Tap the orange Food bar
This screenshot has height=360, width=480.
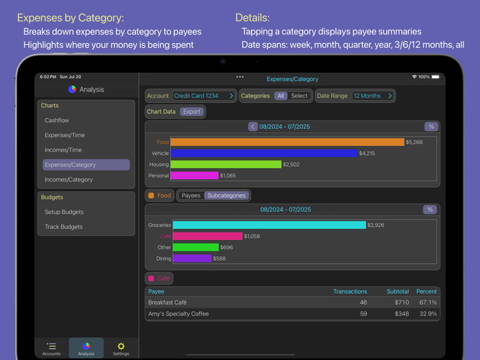click(x=287, y=142)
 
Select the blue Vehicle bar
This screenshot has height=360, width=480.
click(x=264, y=154)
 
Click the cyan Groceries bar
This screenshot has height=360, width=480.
click(x=269, y=225)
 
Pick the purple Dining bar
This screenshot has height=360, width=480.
click(x=192, y=259)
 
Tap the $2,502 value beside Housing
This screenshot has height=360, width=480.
click(x=291, y=165)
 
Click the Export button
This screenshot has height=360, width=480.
click(x=192, y=112)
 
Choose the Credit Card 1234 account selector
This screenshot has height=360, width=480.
click(x=204, y=96)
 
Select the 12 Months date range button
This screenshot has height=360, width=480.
click(x=373, y=96)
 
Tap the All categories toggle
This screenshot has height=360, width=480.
click(x=280, y=96)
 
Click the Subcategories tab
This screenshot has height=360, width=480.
click(x=226, y=195)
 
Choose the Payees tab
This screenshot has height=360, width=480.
click(x=191, y=195)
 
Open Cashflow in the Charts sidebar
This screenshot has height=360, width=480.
click(x=57, y=121)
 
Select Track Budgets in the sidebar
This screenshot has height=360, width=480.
click(x=64, y=227)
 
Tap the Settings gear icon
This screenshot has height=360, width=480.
click(x=121, y=346)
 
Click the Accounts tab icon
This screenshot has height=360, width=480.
click(x=51, y=346)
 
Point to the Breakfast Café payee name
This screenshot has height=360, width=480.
click(x=167, y=302)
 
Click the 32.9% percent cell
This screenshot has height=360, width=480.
click(x=428, y=314)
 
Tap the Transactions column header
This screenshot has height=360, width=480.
click(x=350, y=291)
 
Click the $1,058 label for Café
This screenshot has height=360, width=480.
click(x=252, y=237)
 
